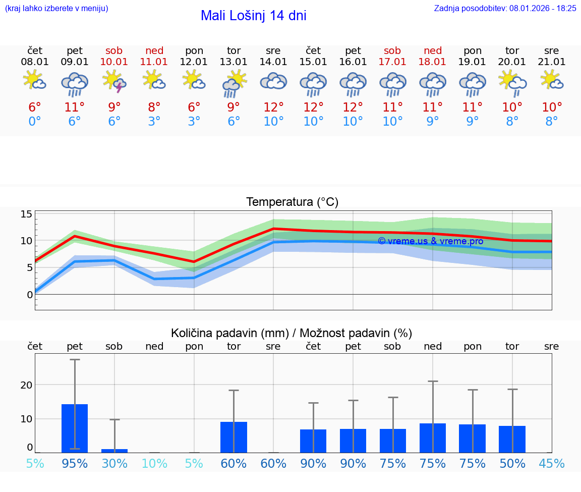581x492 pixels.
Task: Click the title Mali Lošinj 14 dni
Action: click(x=253, y=16)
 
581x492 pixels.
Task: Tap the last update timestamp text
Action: click(x=505, y=8)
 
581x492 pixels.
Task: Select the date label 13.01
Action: click(x=234, y=62)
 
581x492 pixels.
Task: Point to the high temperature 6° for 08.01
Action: click(x=35, y=107)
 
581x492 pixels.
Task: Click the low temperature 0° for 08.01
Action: click(x=35, y=122)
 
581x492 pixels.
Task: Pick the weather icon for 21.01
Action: click(x=552, y=80)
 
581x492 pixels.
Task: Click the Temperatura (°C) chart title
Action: click(x=292, y=202)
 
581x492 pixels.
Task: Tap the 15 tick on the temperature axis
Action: click(x=27, y=214)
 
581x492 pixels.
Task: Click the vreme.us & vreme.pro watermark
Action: click(x=430, y=241)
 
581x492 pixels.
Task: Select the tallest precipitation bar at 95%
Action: click(x=75, y=428)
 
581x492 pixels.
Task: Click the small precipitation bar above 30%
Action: click(x=114, y=451)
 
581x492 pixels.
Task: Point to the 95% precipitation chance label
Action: click(x=75, y=464)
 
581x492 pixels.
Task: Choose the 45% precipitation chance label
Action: click(x=552, y=464)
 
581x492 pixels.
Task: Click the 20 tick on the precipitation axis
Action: click(x=27, y=385)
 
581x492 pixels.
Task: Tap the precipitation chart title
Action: click(x=292, y=333)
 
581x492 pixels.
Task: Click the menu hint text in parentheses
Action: click(x=56, y=8)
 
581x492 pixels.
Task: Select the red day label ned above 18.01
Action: click(x=433, y=50)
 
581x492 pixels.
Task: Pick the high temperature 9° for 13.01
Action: click(x=234, y=107)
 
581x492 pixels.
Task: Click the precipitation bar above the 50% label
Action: click(x=512, y=439)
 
